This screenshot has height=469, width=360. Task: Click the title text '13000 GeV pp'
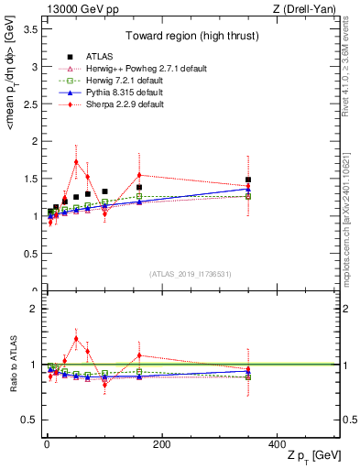(75, 8)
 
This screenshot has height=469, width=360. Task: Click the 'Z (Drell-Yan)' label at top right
(308, 8)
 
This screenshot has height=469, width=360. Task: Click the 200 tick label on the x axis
(161, 444)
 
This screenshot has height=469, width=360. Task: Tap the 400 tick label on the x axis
(277, 444)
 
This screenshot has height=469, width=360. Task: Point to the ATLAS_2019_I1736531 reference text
(190, 273)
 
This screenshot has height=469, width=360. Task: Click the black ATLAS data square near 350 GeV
(248, 180)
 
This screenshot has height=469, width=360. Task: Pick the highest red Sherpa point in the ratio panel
(76, 339)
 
